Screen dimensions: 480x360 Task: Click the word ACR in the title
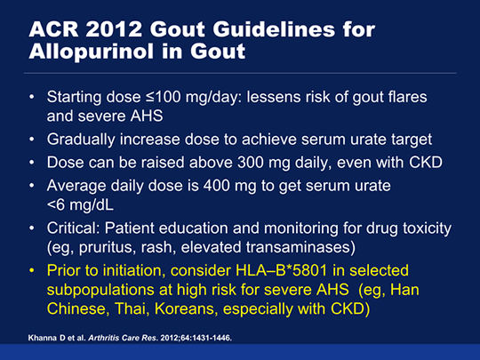point(53,29)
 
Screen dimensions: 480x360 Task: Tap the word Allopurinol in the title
point(91,52)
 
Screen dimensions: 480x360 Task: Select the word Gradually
point(81,140)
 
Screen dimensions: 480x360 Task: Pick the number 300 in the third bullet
point(251,163)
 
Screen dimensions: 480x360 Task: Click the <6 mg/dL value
point(80,204)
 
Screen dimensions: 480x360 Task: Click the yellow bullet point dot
point(32,271)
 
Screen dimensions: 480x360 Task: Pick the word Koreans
point(186,308)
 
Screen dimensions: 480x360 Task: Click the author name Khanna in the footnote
point(39,338)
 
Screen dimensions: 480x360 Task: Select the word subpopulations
point(100,290)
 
